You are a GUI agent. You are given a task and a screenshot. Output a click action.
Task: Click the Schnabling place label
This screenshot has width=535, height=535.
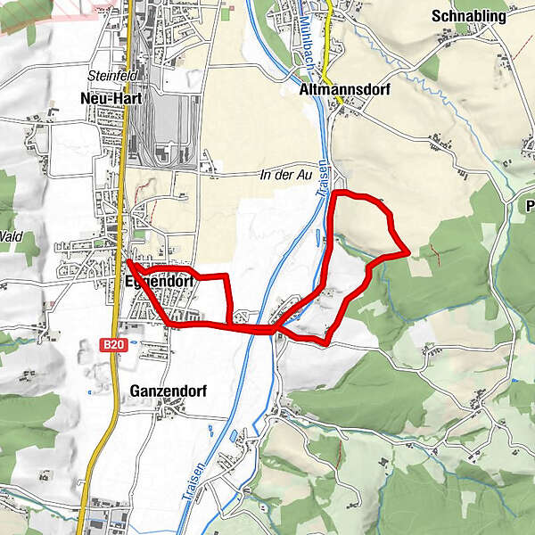[x=469, y=16]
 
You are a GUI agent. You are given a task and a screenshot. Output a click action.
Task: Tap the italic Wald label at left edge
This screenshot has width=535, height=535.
[x=11, y=236]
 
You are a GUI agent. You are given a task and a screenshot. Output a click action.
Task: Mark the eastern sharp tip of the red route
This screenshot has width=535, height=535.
[x=408, y=253]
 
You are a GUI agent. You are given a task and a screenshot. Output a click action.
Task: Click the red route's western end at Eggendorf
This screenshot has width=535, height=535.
[x=128, y=261]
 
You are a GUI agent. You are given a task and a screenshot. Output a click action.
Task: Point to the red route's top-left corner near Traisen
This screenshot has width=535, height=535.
[x=333, y=193]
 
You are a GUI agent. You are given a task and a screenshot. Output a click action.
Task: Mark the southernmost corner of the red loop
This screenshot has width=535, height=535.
[x=327, y=342]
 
